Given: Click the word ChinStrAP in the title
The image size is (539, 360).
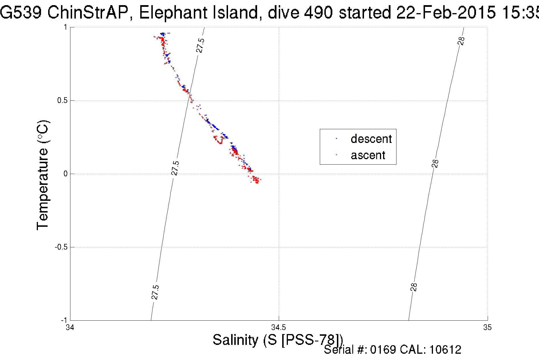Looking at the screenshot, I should pyautogui.click(x=88, y=13).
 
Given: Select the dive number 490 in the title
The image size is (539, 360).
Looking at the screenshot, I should pyautogui.click(x=318, y=13).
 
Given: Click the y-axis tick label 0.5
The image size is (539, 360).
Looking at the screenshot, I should pyautogui.click(x=62, y=100).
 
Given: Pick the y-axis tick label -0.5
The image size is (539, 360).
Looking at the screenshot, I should pyautogui.click(x=61, y=247).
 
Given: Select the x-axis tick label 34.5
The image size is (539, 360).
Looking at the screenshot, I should pyautogui.click(x=278, y=327).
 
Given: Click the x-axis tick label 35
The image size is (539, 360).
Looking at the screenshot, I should pyautogui.click(x=487, y=327).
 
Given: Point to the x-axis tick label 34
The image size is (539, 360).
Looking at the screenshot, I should pyautogui.click(x=70, y=327).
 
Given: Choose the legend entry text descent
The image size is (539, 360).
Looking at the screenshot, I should pyautogui.click(x=371, y=139).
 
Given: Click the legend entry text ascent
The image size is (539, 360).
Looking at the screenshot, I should pyautogui.click(x=368, y=155).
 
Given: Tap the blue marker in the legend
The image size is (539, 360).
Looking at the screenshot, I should pyautogui.click(x=336, y=139).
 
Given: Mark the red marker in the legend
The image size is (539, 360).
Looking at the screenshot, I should pyautogui.click(x=336, y=155).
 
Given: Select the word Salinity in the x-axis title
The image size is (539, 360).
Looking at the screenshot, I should pyautogui.click(x=235, y=340).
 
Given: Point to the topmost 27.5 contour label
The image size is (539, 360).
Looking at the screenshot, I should pyautogui.click(x=200, y=45).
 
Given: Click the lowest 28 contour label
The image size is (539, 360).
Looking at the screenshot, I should pyautogui.click(x=414, y=287).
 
